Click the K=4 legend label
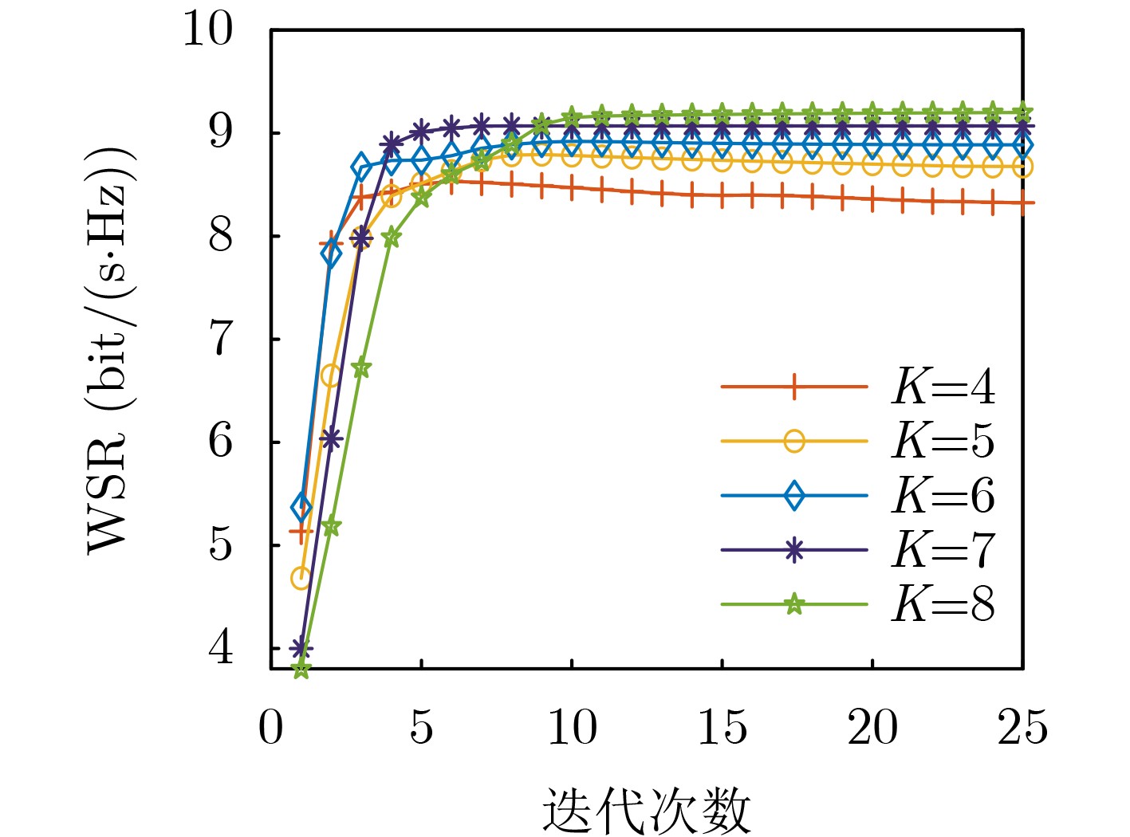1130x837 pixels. coord(943,387)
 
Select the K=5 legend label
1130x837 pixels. coord(943,441)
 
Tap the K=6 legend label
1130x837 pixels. coord(943,496)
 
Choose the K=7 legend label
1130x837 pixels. coord(943,550)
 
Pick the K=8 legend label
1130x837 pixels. coord(943,604)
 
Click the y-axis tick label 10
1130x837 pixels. coord(208,29)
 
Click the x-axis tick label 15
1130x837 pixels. coord(722,728)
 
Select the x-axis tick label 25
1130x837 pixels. coord(1022,728)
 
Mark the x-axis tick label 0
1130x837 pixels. coord(271,728)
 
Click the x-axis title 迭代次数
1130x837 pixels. coord(647,811)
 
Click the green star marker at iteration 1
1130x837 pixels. coord(301,670)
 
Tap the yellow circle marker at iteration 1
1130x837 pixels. coord(301,578)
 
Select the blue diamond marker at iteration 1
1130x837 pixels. coord(301,506)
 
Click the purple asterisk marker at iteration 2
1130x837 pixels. coord(331,438)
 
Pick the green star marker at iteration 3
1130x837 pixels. coord(360,368)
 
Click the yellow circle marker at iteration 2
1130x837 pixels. coord(331,375)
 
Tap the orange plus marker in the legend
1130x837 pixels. coord(793,387)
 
